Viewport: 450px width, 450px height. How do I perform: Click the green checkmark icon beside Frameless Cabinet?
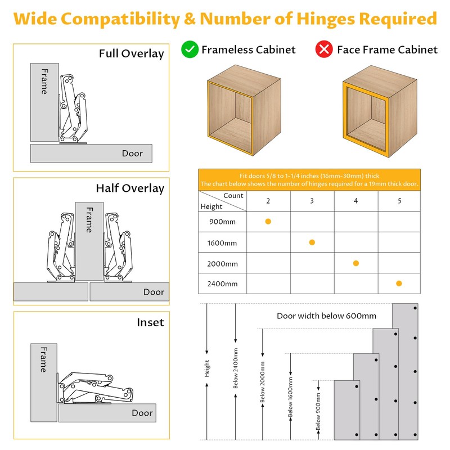coord(190,49)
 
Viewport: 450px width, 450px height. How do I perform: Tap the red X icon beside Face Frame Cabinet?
coord(325,49)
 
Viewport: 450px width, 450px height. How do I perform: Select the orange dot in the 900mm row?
coord(268,222)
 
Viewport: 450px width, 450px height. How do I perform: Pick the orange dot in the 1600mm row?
coord(312,242)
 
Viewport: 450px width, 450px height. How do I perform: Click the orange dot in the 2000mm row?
coord(355,263)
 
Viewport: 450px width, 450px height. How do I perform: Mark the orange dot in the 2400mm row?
coord(399,283)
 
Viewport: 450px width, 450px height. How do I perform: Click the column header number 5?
coord(399,201)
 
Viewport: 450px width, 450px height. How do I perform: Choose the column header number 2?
coord(268,201)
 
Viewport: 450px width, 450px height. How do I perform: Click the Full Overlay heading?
coord(131,54)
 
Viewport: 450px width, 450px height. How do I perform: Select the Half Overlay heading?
coord(129,188)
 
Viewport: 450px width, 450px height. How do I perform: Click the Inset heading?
coord(150,322)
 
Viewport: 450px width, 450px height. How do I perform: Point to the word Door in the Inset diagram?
coord(142,413)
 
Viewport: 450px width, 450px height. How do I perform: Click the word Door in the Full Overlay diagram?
coord(132,153)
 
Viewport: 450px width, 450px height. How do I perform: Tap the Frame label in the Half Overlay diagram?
coord(89,220)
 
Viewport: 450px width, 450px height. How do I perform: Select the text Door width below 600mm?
coord(326,316)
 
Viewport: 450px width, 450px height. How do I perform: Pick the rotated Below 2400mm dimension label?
coord(236,368)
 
